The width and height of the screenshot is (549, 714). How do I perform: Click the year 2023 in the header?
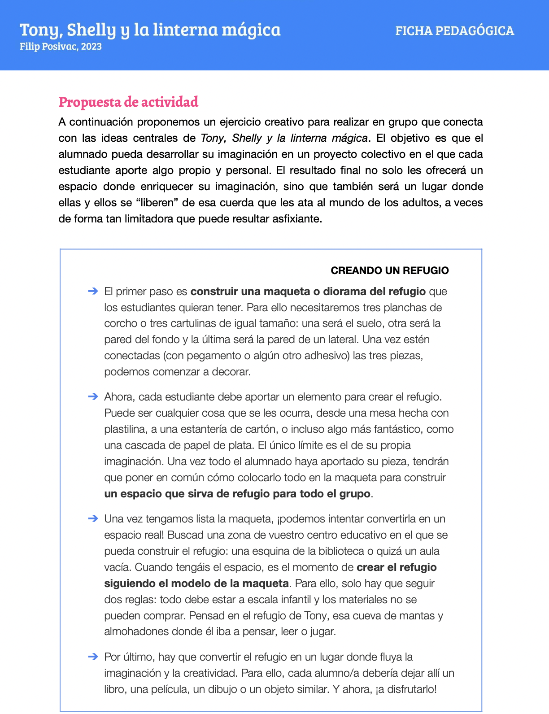91,47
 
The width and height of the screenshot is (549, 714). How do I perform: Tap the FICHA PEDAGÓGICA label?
454,31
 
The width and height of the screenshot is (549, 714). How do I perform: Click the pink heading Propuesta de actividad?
128,102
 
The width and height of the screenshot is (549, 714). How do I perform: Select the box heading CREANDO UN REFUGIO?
389,270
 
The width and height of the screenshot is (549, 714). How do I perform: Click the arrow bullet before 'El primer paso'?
93,291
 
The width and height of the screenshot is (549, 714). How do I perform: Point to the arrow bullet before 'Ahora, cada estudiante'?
93,396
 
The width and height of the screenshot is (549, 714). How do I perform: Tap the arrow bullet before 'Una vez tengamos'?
93,518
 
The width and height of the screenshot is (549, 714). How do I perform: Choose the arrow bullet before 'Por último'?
93,657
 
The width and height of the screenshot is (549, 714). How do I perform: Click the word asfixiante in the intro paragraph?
296,219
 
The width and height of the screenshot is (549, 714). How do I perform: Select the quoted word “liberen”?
157,203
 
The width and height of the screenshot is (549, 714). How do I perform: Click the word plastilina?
125,429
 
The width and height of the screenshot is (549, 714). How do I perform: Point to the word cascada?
143,445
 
